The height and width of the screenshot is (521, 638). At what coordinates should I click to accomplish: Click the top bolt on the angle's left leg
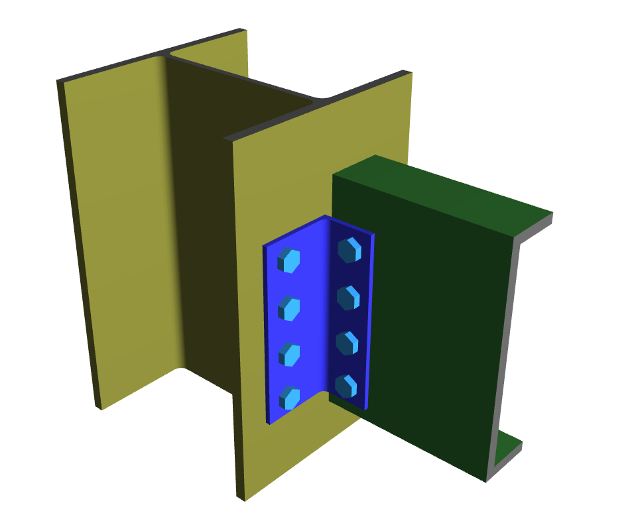(289, 260)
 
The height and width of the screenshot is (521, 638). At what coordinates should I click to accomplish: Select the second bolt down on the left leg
(289, 309)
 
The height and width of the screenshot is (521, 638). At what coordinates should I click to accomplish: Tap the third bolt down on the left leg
(289, 354)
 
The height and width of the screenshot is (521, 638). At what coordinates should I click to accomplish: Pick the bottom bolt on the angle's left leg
(289, 398)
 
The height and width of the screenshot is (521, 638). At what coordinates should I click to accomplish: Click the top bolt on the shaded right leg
(349, 251)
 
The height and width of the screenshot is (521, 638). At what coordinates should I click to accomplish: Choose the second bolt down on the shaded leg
(348, 298)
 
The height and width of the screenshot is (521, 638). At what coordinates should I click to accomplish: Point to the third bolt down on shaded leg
(347, 343)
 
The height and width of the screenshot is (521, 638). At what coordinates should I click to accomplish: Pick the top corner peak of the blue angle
(325, 217)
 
